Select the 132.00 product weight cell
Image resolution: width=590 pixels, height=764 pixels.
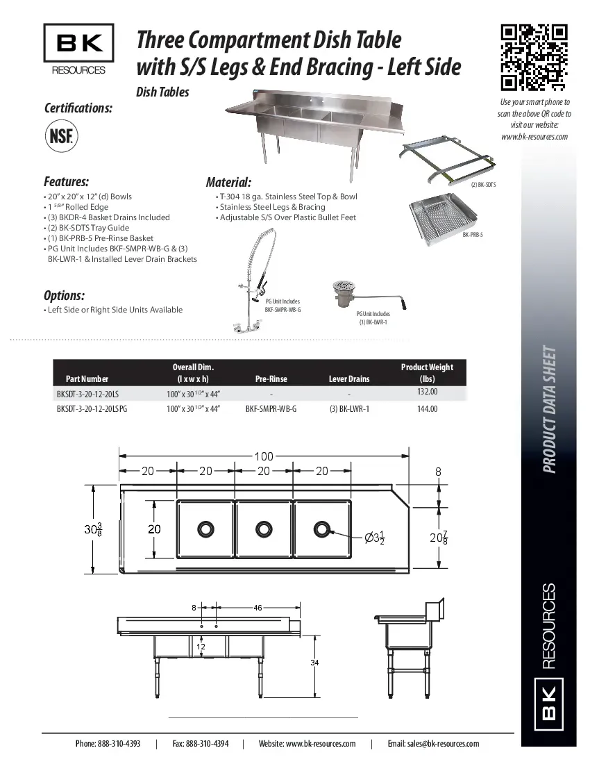tap(426, 392)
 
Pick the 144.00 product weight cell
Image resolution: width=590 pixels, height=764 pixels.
tap(427, 409)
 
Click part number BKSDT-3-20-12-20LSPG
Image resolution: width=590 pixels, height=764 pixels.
tap(92, 409)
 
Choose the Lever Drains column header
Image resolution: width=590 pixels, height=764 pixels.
tap(348, 379)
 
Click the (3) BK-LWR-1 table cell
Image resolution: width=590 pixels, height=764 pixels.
tap(349, 409)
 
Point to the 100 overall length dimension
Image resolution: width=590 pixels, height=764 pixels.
tap(264, 456)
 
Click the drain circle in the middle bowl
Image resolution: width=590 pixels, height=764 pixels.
tap(263, 529)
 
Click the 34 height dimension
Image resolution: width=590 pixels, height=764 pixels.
tap(314, 663)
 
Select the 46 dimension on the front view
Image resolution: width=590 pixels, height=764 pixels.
tap(258, 608)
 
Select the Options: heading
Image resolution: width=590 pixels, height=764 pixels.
tap(65, 295)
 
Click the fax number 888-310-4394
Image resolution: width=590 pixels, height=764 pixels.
tap(200, 744)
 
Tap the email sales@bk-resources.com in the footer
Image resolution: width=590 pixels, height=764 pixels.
tap(433, 744)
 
